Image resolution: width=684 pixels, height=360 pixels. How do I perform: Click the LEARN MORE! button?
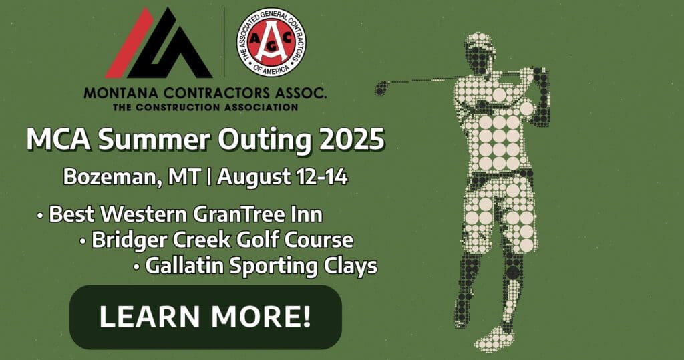click(206, 317)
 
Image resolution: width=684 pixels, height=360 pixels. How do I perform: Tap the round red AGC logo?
click(271, 42)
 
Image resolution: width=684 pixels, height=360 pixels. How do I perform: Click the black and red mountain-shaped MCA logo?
click(158, 43)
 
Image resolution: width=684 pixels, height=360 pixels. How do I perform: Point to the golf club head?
click(380, 89)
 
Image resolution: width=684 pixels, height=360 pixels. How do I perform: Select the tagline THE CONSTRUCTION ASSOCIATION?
click(206, 106)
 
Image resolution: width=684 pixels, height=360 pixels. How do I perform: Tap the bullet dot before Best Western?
click(40, 216)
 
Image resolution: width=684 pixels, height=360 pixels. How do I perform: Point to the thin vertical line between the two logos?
click(224, 42)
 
